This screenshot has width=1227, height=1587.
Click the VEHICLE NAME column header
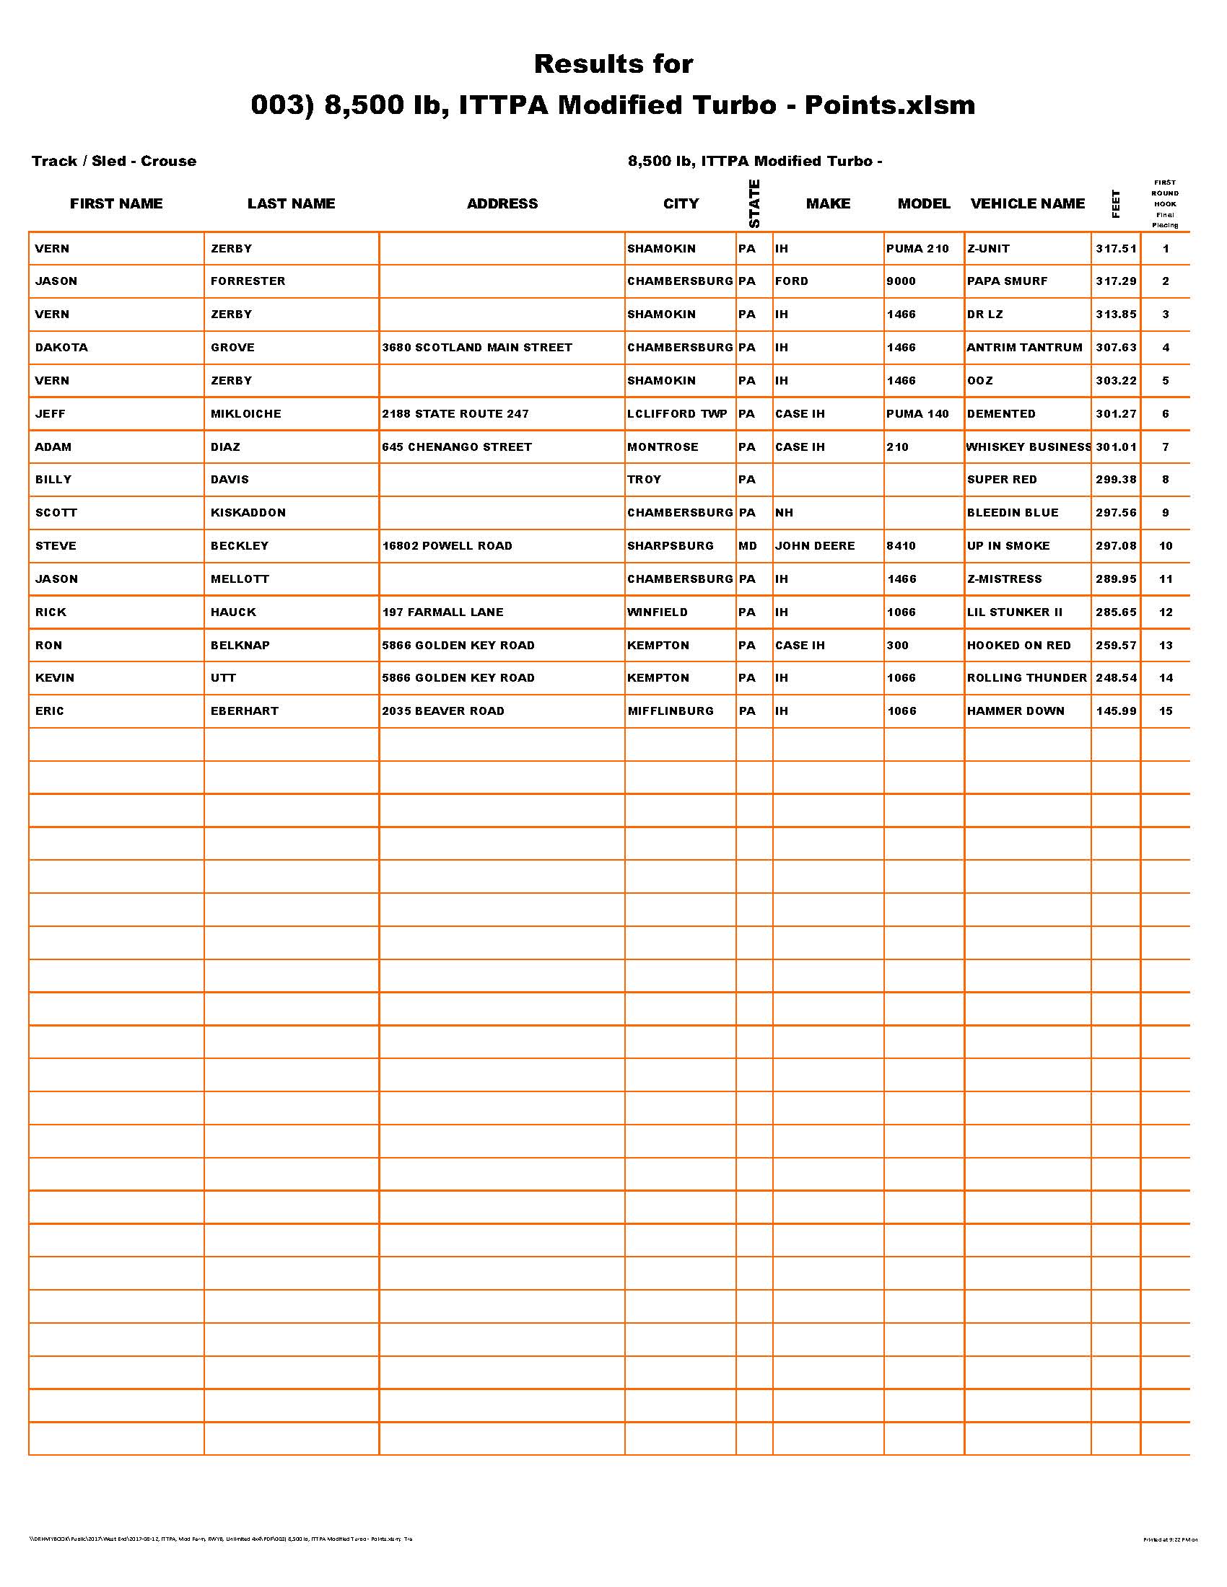(1027, 203)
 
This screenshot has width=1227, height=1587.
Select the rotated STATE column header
(754, 203)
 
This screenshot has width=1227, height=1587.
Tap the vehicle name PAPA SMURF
(1007, 281)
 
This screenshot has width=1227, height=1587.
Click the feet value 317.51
(1116, 249)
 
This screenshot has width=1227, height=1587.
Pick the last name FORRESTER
(248, 281)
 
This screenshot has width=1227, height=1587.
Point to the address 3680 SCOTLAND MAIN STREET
(477, 348)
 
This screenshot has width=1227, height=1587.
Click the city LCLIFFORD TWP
(677, 413)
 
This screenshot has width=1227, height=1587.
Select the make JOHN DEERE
(815, 546)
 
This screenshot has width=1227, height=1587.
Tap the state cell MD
(747, 546)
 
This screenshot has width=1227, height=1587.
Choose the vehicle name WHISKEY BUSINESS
(1028, 447)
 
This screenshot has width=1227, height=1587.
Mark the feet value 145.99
(1116, 711)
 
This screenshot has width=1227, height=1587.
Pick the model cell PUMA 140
(917, 413)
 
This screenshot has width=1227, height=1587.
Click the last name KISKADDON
(248, 512)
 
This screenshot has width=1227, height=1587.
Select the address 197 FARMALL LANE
(442, 612)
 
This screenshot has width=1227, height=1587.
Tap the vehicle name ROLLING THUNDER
(1026, 678)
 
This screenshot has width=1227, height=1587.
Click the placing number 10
(1165, 546)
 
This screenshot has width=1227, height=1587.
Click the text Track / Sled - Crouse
(114, 162)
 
